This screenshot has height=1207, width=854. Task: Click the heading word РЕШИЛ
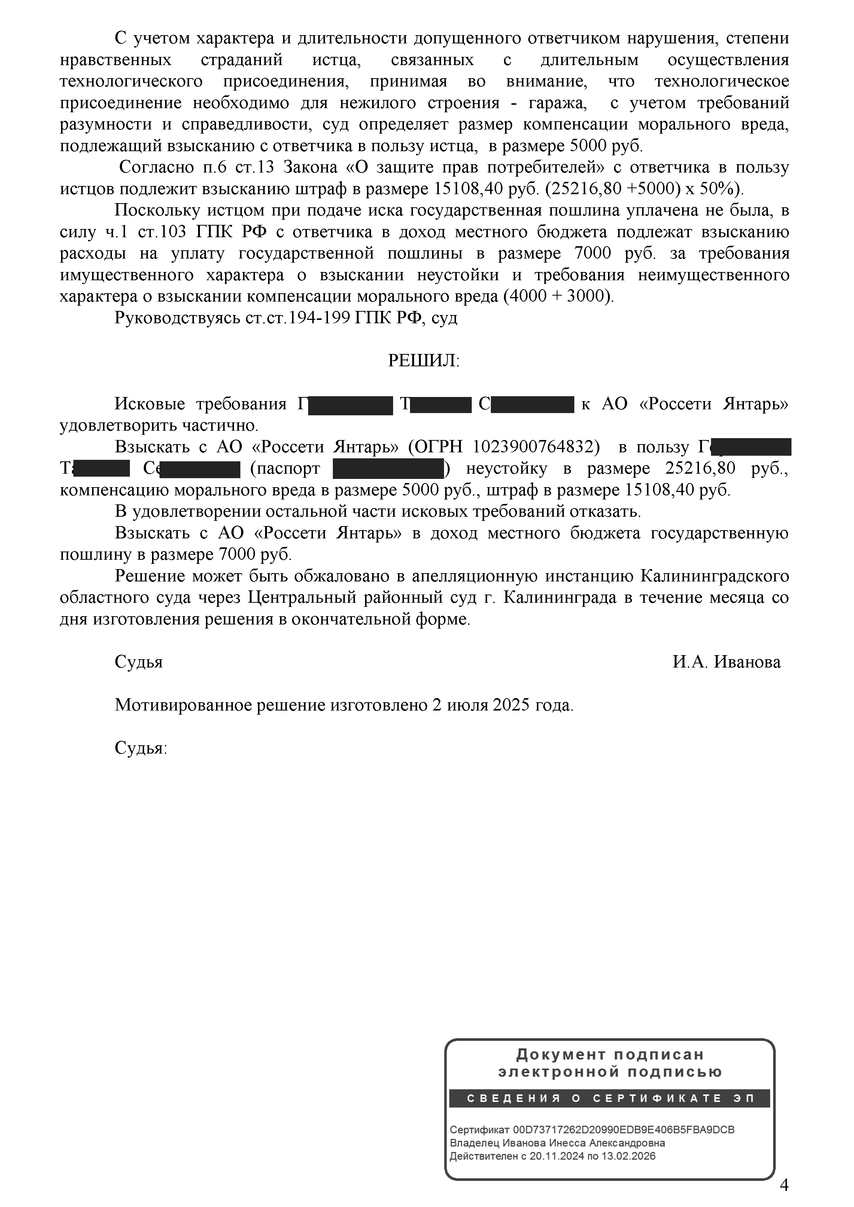[x=423, y=361]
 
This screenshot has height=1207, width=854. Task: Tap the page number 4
[x=784, y=1185]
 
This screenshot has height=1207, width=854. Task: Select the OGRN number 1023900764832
[x=536, y=447]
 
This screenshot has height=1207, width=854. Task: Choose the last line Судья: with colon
[x=140, y=748]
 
